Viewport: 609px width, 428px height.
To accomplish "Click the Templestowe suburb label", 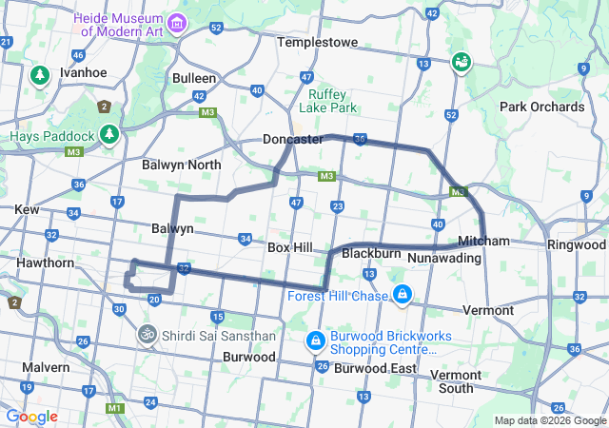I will [318, 43].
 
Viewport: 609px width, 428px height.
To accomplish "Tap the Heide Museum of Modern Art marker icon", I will [176, 22].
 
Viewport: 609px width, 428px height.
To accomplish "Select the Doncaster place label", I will [292, 139].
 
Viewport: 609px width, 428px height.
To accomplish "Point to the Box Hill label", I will [290, 247].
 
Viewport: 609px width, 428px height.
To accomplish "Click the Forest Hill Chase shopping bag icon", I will [403, 295].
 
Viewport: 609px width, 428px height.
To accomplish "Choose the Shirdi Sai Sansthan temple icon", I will [147, 335].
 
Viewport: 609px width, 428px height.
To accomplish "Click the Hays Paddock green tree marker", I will [110, 135].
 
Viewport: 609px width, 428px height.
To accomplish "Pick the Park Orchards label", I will [541, 107].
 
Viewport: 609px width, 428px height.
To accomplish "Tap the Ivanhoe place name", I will [83, 72].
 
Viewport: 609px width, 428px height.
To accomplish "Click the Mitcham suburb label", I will [483, 241].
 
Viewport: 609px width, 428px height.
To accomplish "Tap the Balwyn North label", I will [181, 165].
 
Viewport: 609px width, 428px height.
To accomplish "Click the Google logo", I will [31, 417].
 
